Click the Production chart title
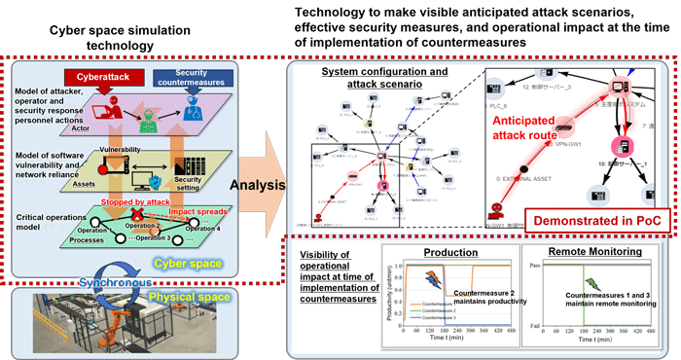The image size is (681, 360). coord(451,251)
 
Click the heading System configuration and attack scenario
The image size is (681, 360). coord(359,77)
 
